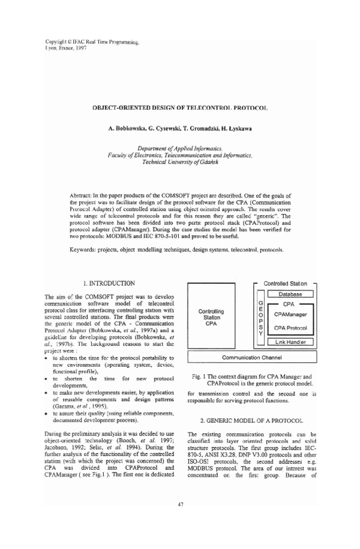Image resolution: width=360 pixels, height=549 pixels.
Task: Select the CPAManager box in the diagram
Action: point(290,314)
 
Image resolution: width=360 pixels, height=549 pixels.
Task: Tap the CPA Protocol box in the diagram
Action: point(290,328)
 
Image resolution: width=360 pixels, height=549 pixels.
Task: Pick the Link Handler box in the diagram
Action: point(290,342)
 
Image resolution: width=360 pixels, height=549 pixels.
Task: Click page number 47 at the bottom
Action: point(180,520)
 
